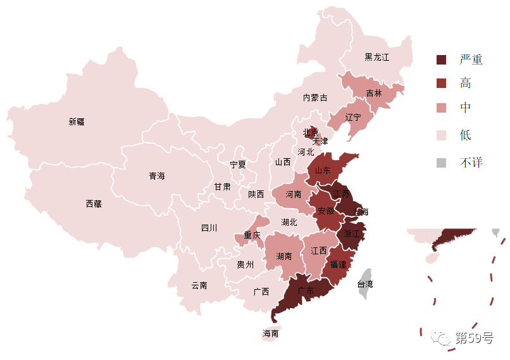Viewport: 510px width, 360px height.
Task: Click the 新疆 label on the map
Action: [77, 121]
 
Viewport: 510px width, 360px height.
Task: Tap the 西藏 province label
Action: [94, 204]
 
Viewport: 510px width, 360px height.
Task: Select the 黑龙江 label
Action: [376, 58]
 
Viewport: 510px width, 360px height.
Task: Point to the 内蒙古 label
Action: [315, 97]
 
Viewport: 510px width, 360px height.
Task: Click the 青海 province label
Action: [157, 176]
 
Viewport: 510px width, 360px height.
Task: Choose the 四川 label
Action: [209, 228]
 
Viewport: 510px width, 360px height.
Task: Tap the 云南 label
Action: [199, 285]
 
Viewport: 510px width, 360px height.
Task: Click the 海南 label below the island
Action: [271, 333]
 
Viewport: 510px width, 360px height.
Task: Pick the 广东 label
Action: [306, 291]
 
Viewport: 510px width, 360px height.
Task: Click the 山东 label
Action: [323, 169]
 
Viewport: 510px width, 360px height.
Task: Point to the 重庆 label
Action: [252, 235]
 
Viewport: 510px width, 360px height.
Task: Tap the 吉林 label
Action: [374, 93]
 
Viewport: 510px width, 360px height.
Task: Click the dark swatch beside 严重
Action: [441, 59]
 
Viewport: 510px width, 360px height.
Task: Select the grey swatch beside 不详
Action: [441, 163]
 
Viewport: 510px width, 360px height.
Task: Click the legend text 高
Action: [466, 84]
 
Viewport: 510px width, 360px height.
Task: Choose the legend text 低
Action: [466, 135]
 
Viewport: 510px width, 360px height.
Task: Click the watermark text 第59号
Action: [474, 338]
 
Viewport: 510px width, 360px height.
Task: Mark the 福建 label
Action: [339, 264]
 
